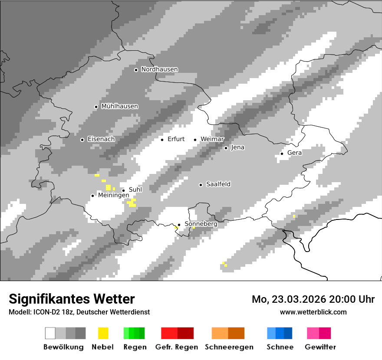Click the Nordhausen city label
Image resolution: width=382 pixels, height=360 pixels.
pyautogui.click(x=159, y=69)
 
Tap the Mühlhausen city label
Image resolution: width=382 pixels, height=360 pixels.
pyautogui.click(x=119, y=106)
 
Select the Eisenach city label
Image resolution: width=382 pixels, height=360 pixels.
pyautogui.click(x=101, y=139)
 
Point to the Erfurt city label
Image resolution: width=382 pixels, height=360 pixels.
pyautogui.click(x=176, y=139)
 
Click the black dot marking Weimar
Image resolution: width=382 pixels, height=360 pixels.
pyautogui.click(x=195, y=140)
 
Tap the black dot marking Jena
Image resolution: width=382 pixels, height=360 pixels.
pyautogui.click(x=226, y=148)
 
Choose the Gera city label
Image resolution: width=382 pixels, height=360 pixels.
pyautogui.click(x=294, y=153)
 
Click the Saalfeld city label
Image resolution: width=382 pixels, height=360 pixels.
pyautogui.click(x=218, y=184)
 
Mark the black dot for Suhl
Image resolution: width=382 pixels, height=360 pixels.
pyautogui.click(x=123, y=190)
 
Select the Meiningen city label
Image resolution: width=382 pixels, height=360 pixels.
pyautogui.click(x=113, y=196)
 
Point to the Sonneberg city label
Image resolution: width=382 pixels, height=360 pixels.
pyautogui.click(x=201, y=224)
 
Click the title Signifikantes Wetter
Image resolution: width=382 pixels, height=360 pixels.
pyautogui.click(x=72, y=299)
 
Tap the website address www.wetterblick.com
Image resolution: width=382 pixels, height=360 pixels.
pyautogui.click(x=313, y=312)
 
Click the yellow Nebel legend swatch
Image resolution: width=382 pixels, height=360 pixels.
pyautogui.click(x=103, y=333)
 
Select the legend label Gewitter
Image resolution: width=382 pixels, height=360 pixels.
pyautogui.click(x=320, y=347)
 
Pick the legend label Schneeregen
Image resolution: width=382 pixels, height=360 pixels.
pyautogui.click(x=229, y=347)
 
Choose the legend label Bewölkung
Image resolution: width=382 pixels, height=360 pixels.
pyautogui.click(x=63, y=347)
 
